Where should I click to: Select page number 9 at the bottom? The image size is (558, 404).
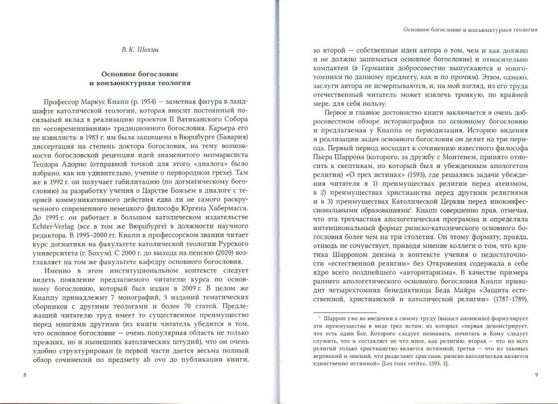pyautogui.click(x=535, y=374)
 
